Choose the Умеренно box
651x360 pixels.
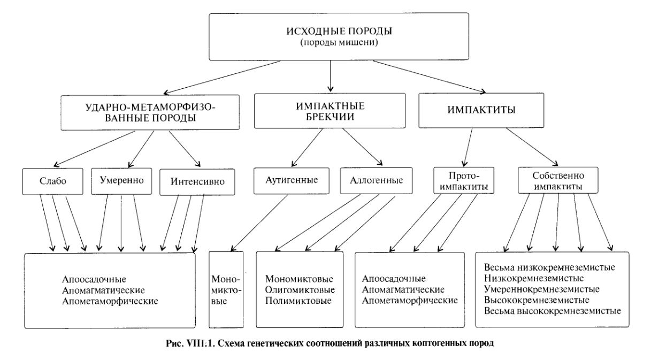click(x=121, y=180)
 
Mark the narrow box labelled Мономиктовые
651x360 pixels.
click(x=226, y=290)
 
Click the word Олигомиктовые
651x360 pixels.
click(x=300, y=290)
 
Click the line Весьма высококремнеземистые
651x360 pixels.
click(x=552, y=310)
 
